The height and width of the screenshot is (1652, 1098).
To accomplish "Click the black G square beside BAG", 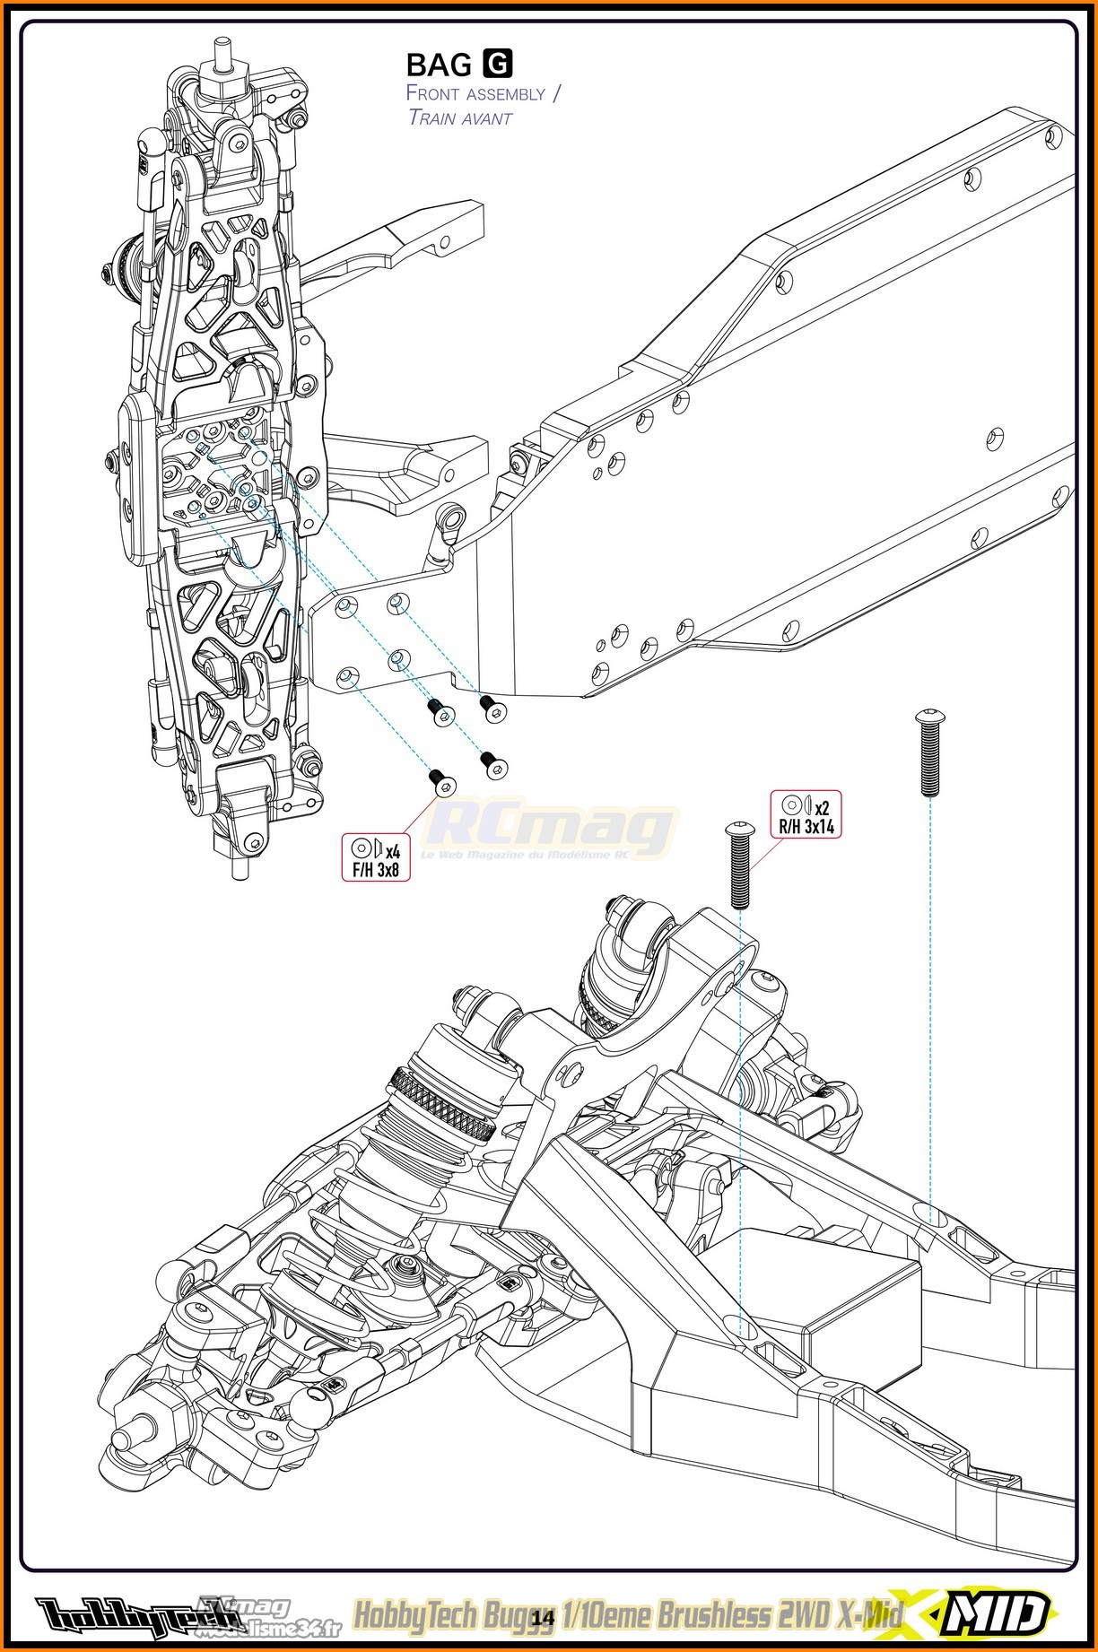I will point(498,64).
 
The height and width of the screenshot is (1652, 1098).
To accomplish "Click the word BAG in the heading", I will point(439,65).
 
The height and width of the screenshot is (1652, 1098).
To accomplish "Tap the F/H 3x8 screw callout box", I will point(376,857).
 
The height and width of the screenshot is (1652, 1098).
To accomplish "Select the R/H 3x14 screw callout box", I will point(806,814).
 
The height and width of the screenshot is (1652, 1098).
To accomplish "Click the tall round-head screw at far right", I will point(928,753).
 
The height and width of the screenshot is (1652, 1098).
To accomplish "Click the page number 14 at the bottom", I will point(543,1617).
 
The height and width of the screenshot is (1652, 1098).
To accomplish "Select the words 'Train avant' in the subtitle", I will point(459,117).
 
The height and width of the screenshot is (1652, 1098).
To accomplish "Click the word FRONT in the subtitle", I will point(431,93).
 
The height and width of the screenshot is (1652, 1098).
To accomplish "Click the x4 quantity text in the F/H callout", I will point(392,849).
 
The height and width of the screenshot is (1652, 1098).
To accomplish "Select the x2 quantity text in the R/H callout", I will point(822,807).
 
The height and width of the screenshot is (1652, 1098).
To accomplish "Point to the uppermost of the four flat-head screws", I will point(492,708).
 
